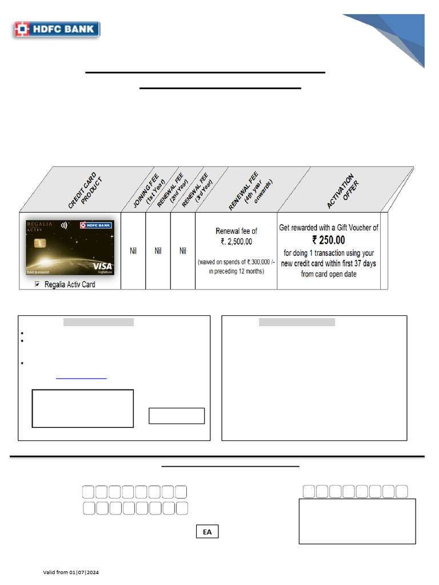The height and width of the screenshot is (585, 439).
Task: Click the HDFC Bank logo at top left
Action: [57, 29]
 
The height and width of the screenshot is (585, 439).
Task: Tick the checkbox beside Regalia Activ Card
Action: [37, 285]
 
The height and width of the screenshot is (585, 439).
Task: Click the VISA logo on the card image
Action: [102, 266]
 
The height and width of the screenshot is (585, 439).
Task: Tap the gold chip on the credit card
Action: [40, 243]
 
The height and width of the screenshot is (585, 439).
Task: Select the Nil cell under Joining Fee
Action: [133, 251]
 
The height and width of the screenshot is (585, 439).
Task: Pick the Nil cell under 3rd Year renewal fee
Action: [183, 251]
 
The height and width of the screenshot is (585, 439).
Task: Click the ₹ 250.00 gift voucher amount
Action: [329, 240]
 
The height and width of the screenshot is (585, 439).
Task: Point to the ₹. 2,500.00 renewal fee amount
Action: [236, 242]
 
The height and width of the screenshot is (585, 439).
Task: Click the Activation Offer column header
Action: [343, 191]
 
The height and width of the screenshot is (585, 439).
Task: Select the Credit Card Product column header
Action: [85, 191]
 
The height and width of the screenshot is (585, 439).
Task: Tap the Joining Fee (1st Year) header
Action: [149, 191]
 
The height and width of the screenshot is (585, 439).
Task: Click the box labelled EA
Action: [207, 532]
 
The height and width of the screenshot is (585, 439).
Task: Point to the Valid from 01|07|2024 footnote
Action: [71, 572]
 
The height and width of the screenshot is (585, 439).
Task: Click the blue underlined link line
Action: [81, 378]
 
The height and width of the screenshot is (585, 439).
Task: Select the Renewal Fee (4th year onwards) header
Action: [250, 191]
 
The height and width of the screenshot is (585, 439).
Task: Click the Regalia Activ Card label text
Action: [70, 285]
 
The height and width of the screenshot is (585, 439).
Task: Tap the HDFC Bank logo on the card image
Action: [96, 225]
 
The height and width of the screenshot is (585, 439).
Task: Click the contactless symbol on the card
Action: [64, 225]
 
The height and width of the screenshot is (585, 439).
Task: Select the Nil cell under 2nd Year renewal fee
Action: [158, 251]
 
